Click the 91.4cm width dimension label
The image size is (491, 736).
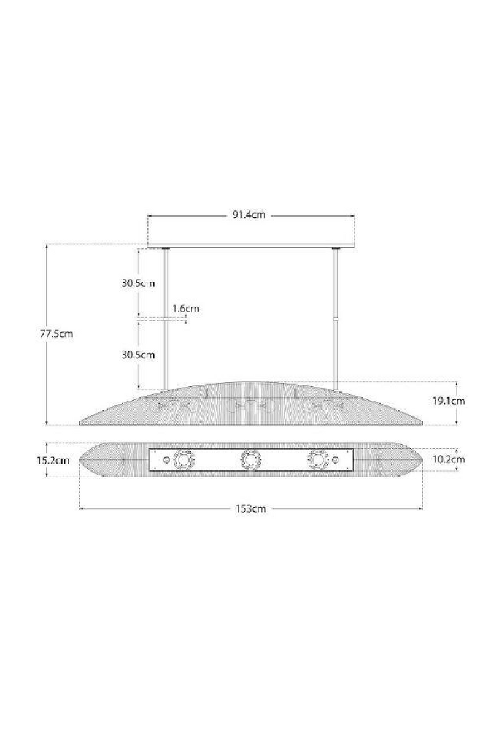pos(249,215)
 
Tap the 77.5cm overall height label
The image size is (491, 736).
pos(56,334)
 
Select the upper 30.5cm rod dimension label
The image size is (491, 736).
pos(138,283)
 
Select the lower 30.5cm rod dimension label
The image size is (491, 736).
pos(138,355)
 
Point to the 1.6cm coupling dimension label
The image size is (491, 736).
pos(186,309)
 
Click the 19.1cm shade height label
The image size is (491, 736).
pos(449,401)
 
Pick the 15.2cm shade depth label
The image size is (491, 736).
pos(53,461)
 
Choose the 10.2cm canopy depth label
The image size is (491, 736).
pos(449,459)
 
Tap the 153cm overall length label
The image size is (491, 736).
pos(250,509)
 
